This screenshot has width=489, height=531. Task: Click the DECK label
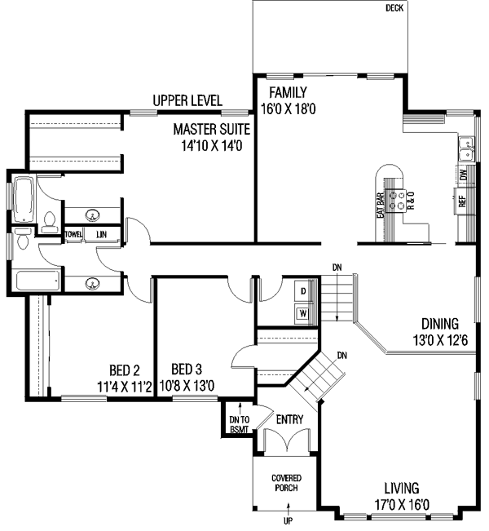[x=394, y=9]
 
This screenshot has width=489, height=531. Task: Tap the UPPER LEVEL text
[x=187, y=100]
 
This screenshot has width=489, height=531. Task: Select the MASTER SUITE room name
[x=211, y=130]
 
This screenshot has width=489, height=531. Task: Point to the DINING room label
[x=439, y=324]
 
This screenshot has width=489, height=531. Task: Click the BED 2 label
[x=126, y=368]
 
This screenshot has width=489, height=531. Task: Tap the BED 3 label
[x=186, y=368]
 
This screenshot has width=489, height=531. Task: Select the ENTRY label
[x=290, y=420]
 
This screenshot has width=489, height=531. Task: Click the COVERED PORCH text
[x=285, y=482]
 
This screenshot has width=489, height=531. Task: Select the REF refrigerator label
[x=461, y=201]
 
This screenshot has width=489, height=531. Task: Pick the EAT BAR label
[x=380, y=206]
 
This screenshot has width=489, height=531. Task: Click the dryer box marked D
[x=302, y=290]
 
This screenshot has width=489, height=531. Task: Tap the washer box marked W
[x=302, y=312]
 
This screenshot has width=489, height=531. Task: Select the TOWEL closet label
[x=74, y=235]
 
